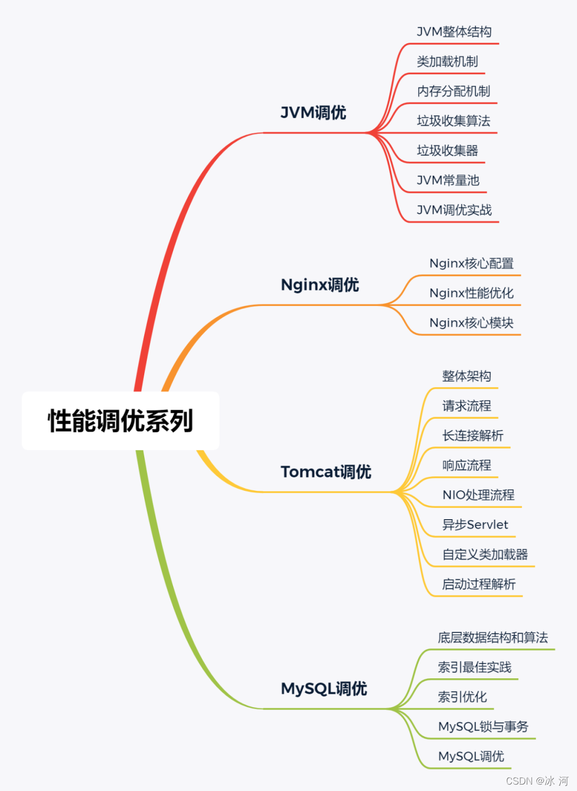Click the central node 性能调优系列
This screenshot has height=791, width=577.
coord(120,421)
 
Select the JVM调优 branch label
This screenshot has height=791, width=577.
coord(314,113)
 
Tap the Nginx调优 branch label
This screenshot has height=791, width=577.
coord(320,285)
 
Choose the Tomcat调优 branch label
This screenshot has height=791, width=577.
coord(326,472)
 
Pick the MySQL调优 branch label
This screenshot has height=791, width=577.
coord(324,688)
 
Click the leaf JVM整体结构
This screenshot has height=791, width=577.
coord(454,32)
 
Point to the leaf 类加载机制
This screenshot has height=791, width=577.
coord(447,62)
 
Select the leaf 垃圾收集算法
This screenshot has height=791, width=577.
coord(454,121)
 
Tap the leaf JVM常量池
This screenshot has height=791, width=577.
coord(448,181)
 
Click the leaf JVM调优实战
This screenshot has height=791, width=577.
coord(454,210)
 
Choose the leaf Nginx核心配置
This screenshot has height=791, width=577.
coord(471,263)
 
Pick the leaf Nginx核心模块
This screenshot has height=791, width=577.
coord(471,323)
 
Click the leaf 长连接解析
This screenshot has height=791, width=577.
coord(473,436)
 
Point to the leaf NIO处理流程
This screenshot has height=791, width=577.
coord(478,495)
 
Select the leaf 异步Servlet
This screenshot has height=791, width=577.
coord(475,525)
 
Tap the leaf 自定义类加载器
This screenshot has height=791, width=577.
coord(485,554)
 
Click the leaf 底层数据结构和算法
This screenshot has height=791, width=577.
coord(493,638)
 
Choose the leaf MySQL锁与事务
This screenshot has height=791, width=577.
coord(483,727)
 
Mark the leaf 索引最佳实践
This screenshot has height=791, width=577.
coord(474,667)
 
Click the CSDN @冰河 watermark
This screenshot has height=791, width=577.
coord(537,781)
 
